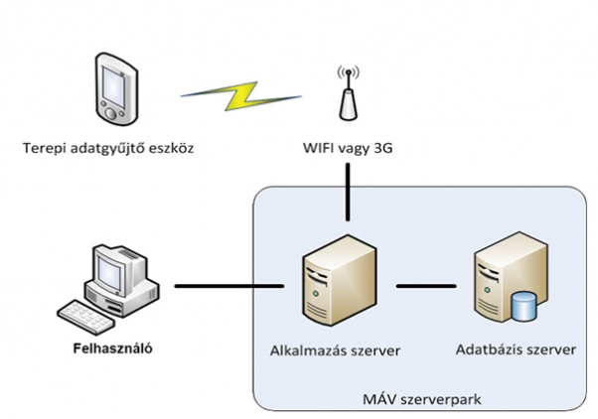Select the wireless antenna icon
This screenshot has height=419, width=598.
tap(348, 95)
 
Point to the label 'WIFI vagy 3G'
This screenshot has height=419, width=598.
tap(348, 150)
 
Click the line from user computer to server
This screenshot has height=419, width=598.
tap(227, 289)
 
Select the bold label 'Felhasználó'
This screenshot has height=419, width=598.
tap(114, 349)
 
